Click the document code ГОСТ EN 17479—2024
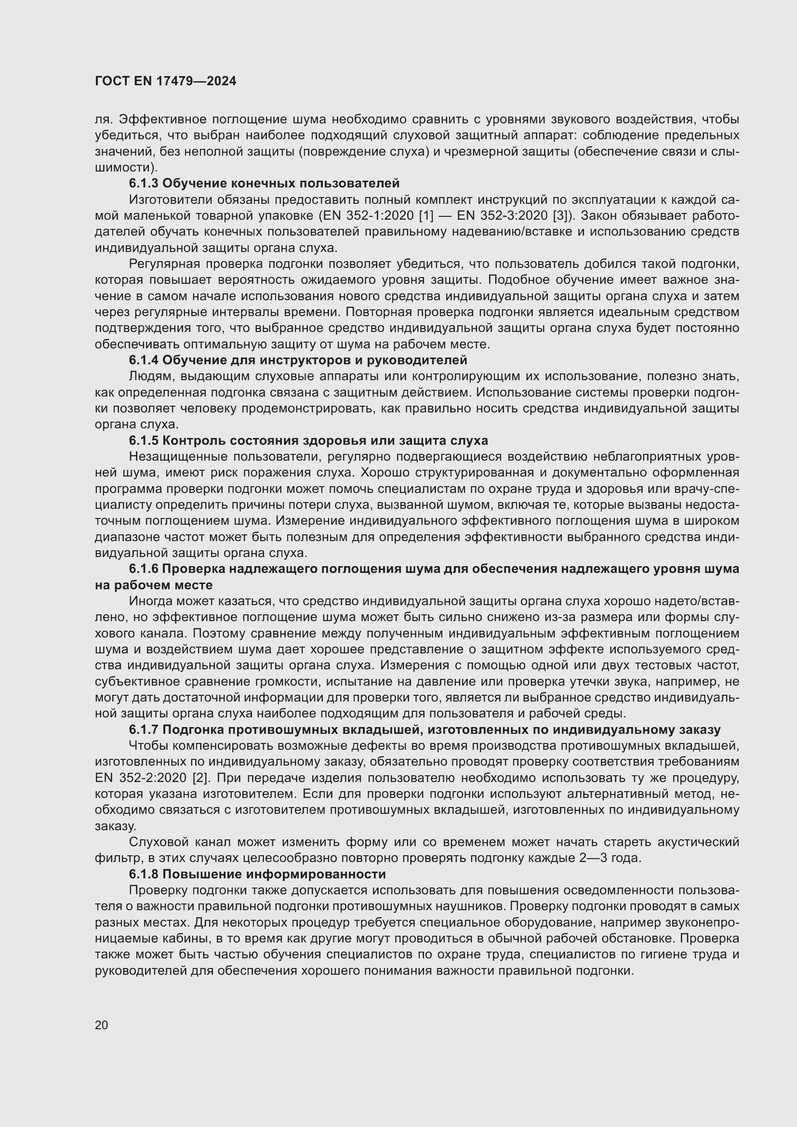pyautogui.click(x=165, y=81)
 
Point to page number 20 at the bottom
pyautogui.click(x=102, y=1025)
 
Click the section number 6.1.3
pyautogui.click(x=144, y=184)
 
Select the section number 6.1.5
pyautogui.click(x=144, y=440)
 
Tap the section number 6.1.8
pyautogui.click(x=144, y=874)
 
